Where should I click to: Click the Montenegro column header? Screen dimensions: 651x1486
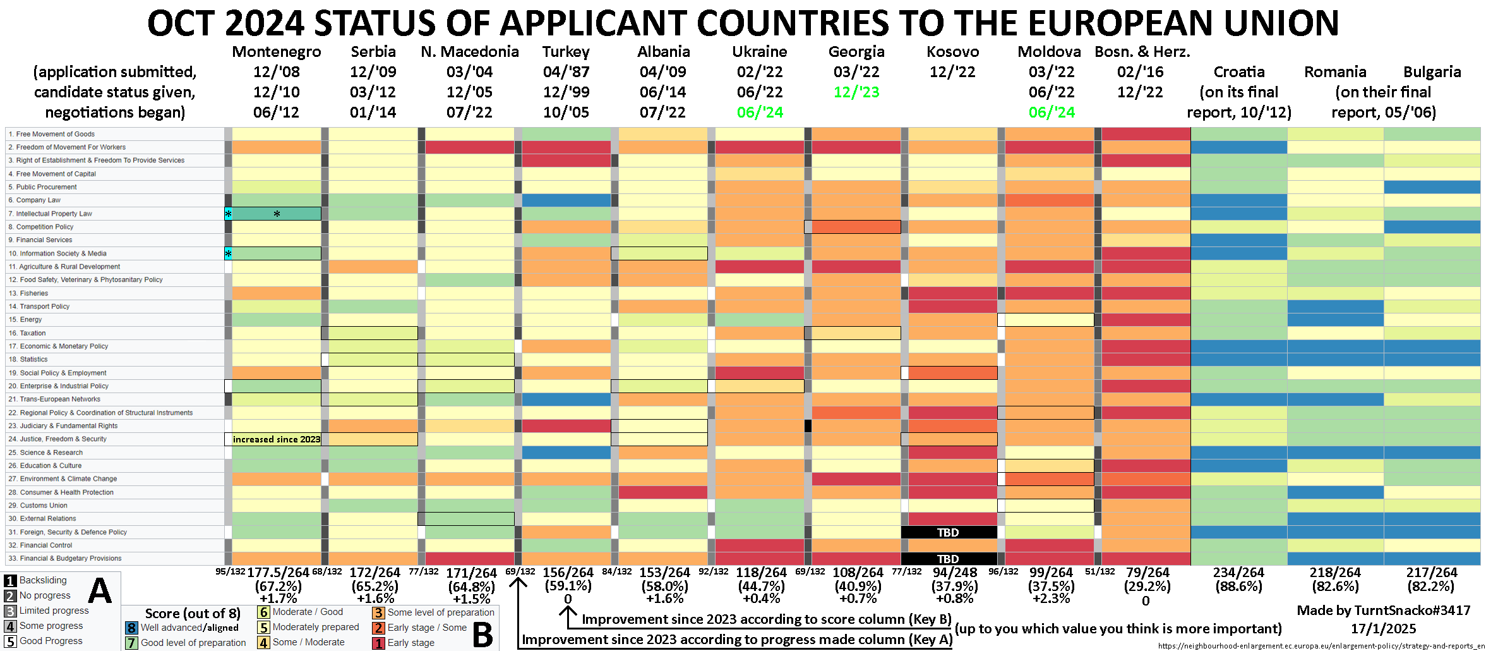(276, 52)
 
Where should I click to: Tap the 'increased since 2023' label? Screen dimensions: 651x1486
(276, 439)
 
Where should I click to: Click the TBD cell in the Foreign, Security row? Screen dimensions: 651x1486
(948, 532)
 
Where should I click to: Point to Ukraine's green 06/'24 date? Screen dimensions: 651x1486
(760, 113)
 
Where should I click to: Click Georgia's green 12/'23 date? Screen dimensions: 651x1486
(856, 92)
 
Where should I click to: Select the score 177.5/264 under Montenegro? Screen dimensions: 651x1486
(278, 573)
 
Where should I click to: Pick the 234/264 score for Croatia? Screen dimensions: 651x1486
(1238, 573)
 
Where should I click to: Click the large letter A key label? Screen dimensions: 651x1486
(100, 592)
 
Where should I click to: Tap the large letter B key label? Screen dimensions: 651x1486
(483, 635)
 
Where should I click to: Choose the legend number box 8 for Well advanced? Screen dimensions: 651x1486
(131, 628)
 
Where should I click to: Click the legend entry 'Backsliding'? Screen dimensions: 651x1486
(42, 580)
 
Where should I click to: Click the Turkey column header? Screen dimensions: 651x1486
(566, 52)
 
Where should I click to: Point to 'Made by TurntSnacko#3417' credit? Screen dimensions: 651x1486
(1383, 611)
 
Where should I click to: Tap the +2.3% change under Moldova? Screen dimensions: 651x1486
(1051, 599)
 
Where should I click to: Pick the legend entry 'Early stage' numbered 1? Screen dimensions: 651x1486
(410, 643)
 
